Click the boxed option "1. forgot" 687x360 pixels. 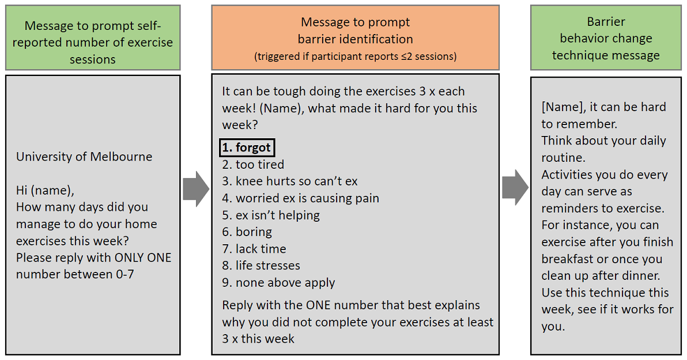coord(247,147)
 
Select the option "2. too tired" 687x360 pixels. coord(253,165)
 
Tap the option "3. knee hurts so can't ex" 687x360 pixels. coord(289,181)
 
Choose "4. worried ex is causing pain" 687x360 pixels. coord(301,198)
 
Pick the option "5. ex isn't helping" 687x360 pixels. coord(271,215)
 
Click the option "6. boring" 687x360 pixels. coord(247,232)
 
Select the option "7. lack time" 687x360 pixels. coord(254,249)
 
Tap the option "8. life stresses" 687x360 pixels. coord(261,266)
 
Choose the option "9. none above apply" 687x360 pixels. coord(278,283)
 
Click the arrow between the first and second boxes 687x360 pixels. coord(196,189)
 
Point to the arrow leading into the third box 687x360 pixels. coord(515,187)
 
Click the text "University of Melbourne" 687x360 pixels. coord(84,157)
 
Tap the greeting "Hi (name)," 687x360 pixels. coord(45,191)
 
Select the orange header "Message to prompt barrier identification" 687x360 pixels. coord(356,37)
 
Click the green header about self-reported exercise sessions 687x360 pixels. coord(93,37)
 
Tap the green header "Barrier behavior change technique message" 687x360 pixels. coord(606,37)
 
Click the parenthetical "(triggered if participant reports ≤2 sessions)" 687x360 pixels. coord(356,56)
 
